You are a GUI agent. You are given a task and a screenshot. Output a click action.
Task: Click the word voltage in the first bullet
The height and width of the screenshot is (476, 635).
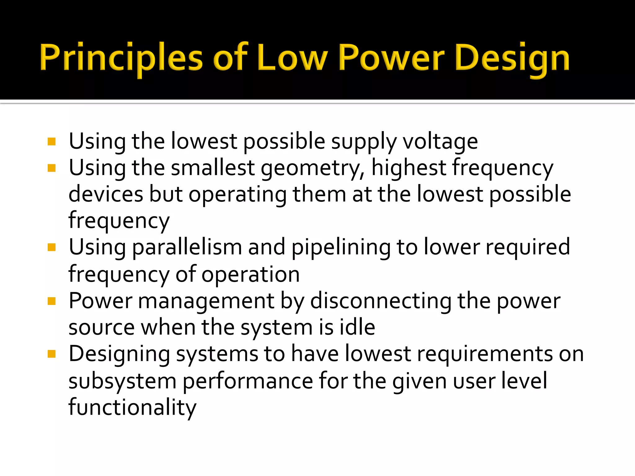440,142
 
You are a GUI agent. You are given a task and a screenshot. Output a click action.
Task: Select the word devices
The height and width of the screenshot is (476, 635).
106,194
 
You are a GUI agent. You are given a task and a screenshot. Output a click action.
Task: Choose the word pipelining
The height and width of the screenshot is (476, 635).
341,248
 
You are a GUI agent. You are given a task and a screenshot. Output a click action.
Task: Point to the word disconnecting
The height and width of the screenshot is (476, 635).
381,301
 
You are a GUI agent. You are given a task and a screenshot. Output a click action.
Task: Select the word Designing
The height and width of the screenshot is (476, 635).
119,354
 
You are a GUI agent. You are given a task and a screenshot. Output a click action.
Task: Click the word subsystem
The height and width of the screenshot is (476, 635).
122,381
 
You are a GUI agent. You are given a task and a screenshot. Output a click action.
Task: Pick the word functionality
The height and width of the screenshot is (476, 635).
132,407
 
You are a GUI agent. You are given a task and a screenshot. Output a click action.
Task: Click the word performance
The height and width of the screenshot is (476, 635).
248,381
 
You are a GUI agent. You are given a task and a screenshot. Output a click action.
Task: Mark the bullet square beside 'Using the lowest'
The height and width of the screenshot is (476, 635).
52,142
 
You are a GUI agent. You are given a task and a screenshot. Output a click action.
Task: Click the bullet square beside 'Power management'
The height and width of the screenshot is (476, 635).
52,301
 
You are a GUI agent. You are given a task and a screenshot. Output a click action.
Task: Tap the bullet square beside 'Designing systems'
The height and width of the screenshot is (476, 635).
52,354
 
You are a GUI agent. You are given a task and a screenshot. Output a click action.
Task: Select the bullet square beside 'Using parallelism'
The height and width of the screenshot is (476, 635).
52,247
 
